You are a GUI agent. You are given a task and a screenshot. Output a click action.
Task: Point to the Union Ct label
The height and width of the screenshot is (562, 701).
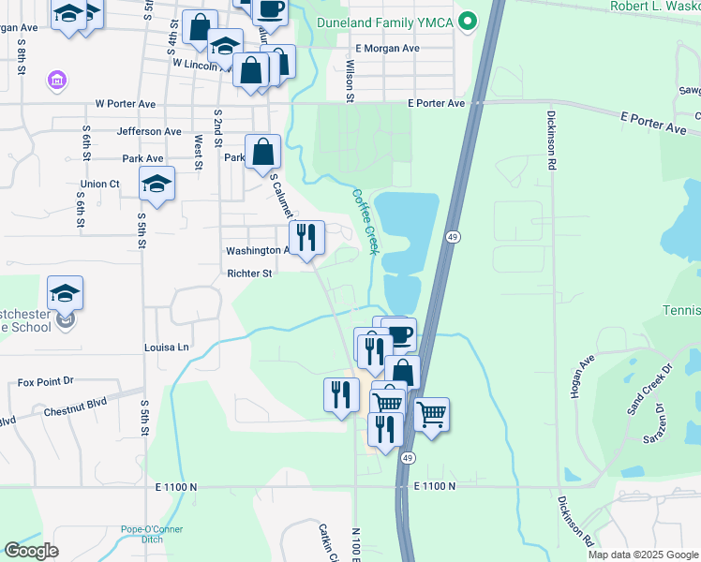[100, 184]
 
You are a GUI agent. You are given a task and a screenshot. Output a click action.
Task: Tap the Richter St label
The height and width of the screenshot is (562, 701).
[249, 274]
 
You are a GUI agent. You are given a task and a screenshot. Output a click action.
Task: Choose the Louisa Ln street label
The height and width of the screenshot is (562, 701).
[167, 347]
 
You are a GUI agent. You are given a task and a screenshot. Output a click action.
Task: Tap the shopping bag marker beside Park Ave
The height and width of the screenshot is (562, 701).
[263, 153]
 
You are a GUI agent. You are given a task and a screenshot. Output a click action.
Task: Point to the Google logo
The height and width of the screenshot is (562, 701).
[31, 551]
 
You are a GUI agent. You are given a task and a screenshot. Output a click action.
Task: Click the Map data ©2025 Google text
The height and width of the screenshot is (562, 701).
[644, 555]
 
